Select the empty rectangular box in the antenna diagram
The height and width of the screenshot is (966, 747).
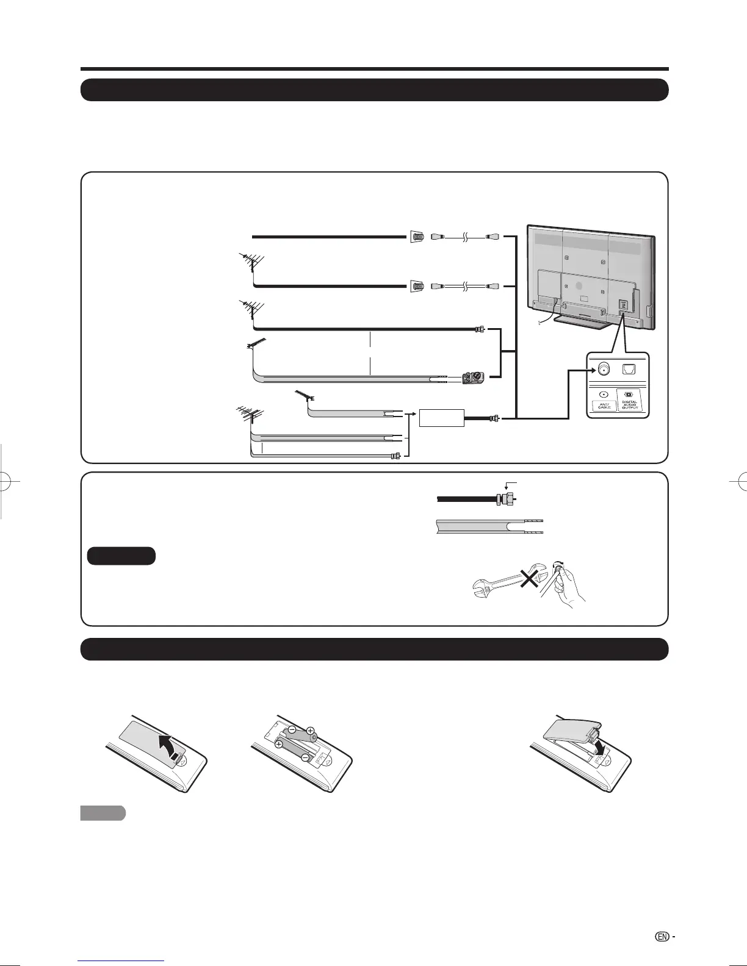click(441, 418)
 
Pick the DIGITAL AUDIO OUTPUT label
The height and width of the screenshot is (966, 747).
click(630, 404)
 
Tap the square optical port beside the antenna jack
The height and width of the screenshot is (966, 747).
click(629, 368)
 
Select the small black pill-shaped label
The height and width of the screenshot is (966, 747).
click(121, 556)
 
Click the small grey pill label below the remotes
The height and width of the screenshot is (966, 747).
click(103, 813)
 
